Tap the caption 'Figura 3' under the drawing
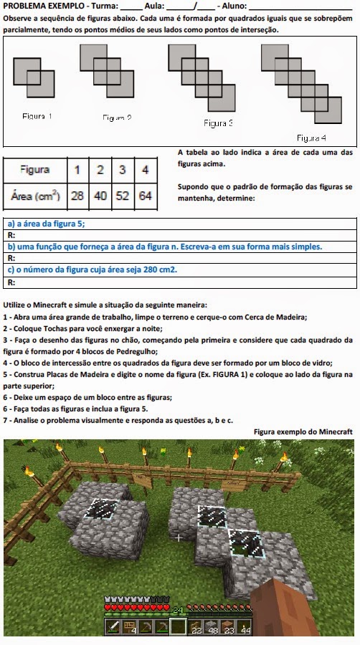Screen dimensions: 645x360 click(218, 123)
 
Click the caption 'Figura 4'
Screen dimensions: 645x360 click(311, 137)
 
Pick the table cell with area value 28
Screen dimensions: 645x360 click(77, 194)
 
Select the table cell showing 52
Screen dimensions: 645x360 click(123, 194)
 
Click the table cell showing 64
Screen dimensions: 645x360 click(146, 194)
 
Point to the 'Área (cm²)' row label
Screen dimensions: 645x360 click(35, 194)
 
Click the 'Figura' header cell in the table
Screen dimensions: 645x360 click(35, 170)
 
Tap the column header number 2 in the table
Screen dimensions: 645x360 click(100, 170)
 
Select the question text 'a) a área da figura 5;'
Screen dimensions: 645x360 click(46, 224)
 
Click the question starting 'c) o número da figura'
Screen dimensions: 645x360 click(92, 269)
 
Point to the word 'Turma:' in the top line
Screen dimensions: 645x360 click(105, 6)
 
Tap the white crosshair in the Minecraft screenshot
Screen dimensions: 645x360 click(177, 537)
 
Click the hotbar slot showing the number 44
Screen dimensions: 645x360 click(246, 629)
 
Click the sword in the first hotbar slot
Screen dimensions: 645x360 click(113, 629)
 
